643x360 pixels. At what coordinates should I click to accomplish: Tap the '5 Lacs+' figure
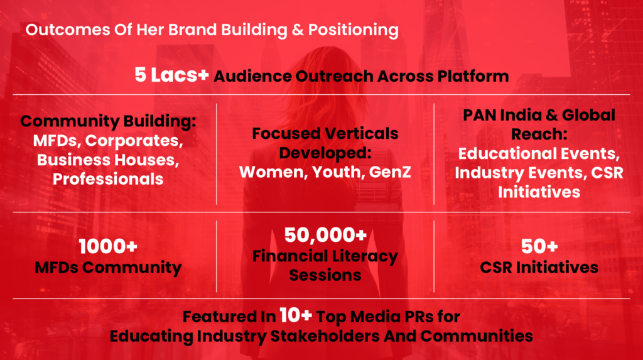click(171, 75)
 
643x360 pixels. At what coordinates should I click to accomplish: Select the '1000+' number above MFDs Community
click(108, 246)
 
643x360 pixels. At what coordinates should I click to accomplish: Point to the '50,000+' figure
click(325, 235)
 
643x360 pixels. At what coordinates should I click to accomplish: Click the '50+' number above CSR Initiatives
click(539, 246)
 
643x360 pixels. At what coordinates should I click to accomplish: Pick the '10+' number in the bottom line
click(296, 315)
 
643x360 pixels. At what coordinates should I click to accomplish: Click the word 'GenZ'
click(390, 172)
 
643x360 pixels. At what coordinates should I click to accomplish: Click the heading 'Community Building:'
click(108, 121)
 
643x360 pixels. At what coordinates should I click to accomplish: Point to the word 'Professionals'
click(108, 179)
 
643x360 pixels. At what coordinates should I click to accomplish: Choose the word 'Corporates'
click(134, 141)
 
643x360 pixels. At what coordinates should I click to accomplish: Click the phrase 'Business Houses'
click(107, 160)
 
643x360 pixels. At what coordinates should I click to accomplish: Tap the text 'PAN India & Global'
click(539, 116)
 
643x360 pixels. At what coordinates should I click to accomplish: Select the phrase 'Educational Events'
click(538, 153)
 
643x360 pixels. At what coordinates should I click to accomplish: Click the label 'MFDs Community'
click(108, 267)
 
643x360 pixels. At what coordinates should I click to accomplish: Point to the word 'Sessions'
click(325, 275)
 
